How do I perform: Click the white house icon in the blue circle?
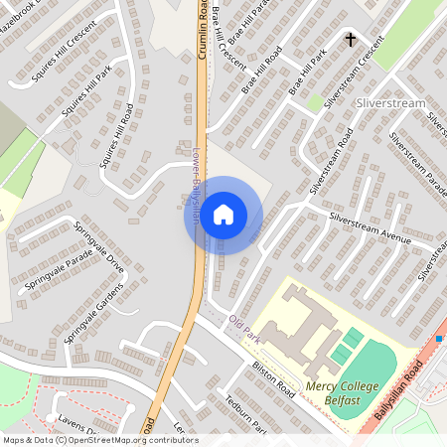tap(223, 215)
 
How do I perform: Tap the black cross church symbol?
tap(350, 40)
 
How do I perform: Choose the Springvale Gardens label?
tap(95, 312)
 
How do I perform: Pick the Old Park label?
tap(243, 329)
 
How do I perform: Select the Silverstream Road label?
tap(331, 159)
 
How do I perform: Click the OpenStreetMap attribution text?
tap(99, 440)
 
